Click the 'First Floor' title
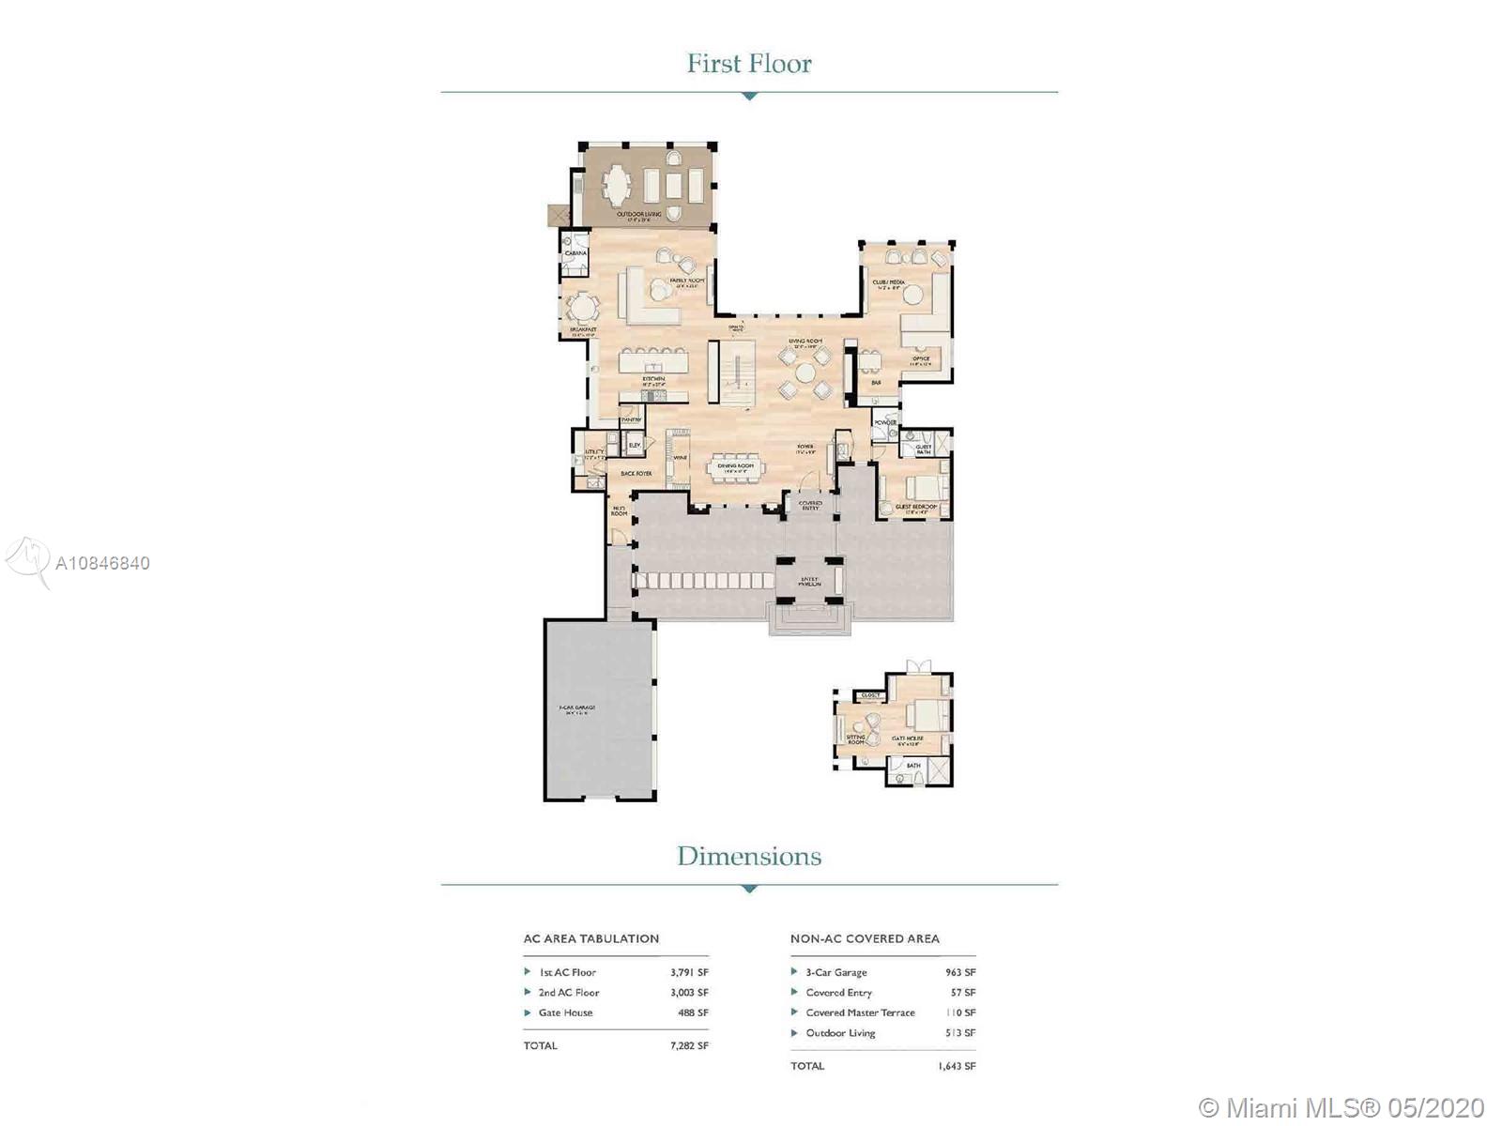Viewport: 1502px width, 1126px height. coord(749,64)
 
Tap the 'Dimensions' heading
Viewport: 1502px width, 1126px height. coord(749,856)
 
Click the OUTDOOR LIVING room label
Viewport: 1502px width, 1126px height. coord(639,215)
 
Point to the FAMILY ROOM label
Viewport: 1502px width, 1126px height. coord(686,281)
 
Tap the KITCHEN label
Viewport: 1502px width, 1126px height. coord(653,379)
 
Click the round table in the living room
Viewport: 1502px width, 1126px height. coord(805,373)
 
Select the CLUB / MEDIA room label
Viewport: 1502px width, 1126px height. coord(888,281)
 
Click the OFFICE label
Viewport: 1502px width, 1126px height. coord(920,358)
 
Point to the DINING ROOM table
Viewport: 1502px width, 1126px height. coord(736,472)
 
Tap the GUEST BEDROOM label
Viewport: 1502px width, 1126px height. coord(916,507)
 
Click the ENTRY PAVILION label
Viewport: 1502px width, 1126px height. coord(809,581)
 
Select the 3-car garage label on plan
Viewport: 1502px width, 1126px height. coord(577,709)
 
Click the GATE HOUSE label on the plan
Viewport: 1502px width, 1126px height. coord(908,739)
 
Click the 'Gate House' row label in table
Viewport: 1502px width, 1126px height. coord(565,1012)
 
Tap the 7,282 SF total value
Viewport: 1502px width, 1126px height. coord(689,1045)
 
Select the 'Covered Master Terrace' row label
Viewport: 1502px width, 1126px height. coord(860,1012)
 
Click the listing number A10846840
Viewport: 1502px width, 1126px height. coord(103,563)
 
